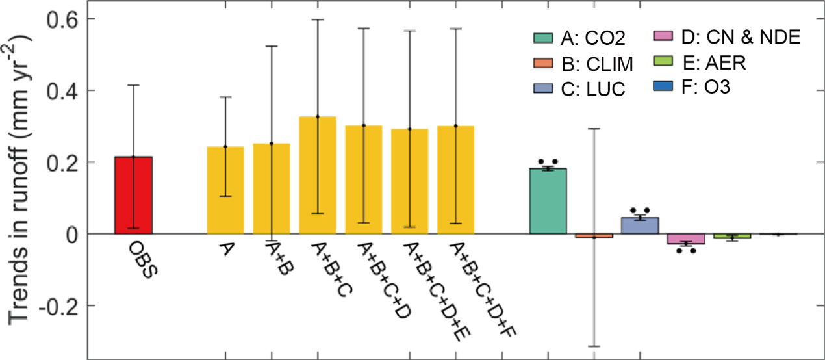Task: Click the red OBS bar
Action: [133, 195]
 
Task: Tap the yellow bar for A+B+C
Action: [318, 175]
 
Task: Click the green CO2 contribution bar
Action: [548, 201]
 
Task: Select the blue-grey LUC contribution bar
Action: [640, 225]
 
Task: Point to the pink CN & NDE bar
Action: [686, 238]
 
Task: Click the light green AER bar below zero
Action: [732, 236]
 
